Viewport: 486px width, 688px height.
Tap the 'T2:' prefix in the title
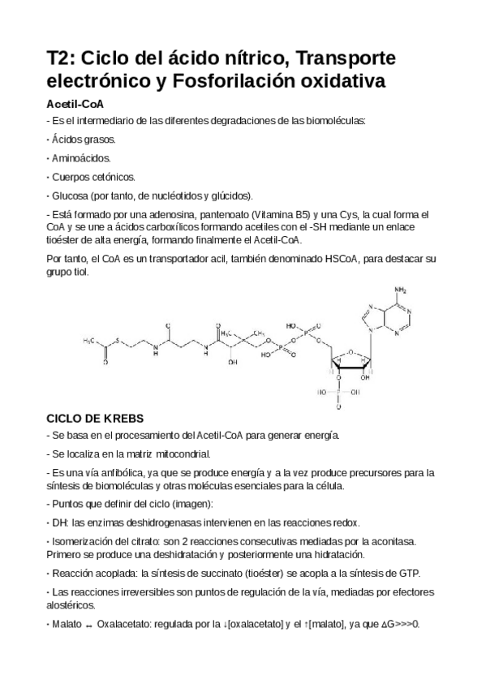(x=61, y=59)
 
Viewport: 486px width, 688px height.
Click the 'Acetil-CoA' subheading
(x=75, y=105)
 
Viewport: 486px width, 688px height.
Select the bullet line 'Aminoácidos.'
(x=81, y=158)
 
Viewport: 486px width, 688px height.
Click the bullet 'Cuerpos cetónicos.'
(x=93, y=177)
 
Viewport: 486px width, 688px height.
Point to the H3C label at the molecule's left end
(x=91, y=342)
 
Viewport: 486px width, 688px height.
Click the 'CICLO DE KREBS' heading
(x=95, y=419)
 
